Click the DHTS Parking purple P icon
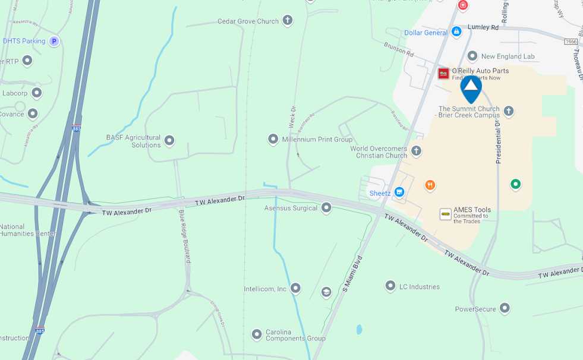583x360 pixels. [x=54, y=41]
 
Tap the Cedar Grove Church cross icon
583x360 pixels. [x=288, y=21]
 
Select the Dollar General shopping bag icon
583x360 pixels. [x=456, y=32]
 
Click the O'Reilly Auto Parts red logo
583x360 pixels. [x=443, y=73]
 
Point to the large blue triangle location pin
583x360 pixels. [x=471, y=87]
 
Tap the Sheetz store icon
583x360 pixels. [x=399, y=192]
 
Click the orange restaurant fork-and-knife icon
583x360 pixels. [x=430, y=185]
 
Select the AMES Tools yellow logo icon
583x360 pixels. [x=445, y=214]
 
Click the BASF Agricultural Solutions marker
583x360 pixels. [x=169, y=141]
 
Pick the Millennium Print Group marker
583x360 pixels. [x=273, y=139]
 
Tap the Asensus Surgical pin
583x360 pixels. [x=326, y=208]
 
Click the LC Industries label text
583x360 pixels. [x=419, y=286]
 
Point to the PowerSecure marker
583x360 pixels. [x=505, y=308]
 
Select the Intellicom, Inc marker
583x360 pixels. [x=295, y=289]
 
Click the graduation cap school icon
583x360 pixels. [x=326, y=292]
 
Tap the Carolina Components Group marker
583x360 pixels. [x=257, y=334]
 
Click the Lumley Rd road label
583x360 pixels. [x=483, y=27]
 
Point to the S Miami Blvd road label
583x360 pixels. [x=352, y=274]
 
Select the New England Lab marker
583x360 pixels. [x=472, y=56]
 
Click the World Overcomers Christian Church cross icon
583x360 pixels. [x=417, y=151]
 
